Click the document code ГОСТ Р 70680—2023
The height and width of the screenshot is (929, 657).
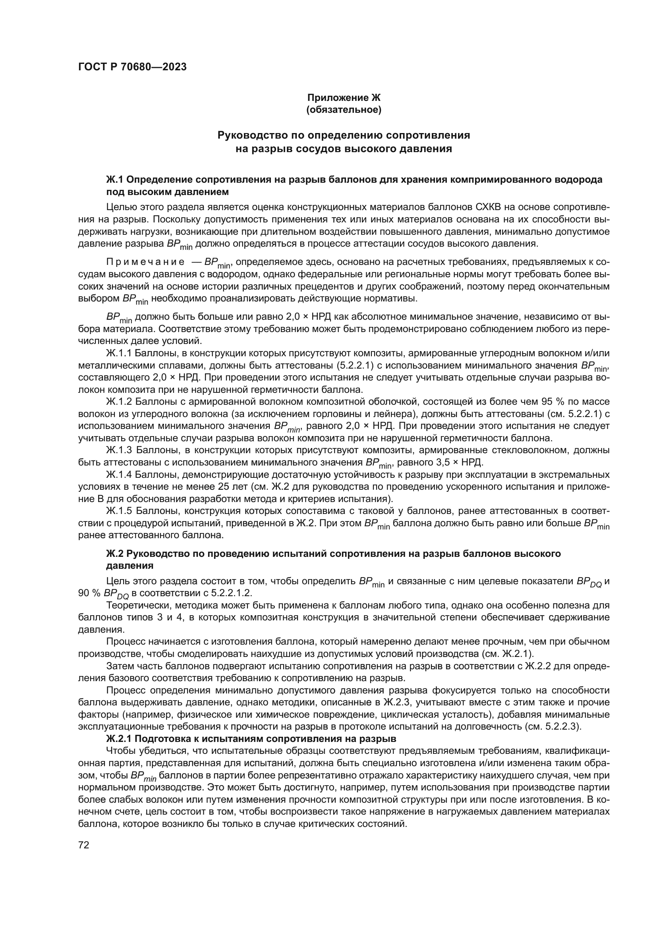(x=132, y=67)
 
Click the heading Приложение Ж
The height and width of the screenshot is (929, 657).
(x=344, y=98)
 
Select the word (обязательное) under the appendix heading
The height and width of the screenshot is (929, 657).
(x=344, y=110)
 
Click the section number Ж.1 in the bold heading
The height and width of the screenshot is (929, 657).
(x=116, y=180)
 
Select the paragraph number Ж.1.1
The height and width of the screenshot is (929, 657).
(x=119, y=353)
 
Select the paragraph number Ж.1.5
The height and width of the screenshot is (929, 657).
(x=119, y=510)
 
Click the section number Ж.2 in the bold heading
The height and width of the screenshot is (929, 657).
(x=116, y=554)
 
